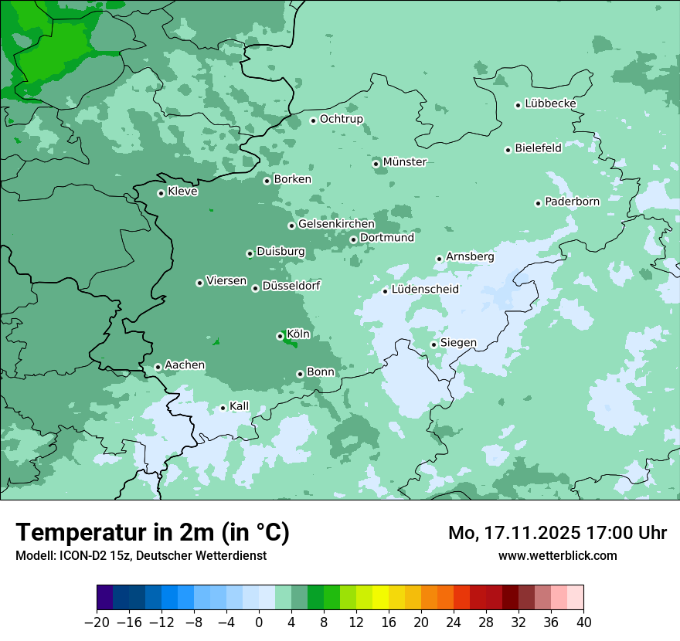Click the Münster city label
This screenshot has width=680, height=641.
(x=404, y=162)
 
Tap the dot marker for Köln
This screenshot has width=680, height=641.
(x=280, y=336)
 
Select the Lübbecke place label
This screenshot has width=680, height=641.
(x=550, y=103)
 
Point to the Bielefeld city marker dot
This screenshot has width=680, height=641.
(x=508, y=150)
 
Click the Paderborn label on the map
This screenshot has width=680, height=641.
(x=572, y=202)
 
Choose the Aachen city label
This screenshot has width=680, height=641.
(x=185, y=365)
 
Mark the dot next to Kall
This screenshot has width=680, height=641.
(x=223, y=408)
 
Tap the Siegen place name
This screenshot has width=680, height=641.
(x=458, y=343)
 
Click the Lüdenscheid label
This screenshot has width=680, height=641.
(x=425, y=290)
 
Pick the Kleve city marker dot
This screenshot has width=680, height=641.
(x=161, y=193)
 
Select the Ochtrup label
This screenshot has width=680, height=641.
(x=341, y=119)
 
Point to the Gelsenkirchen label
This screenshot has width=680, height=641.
(x=336, y=224)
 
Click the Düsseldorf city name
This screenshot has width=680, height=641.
(x=291, y=286)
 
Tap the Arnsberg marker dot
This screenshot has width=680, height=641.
(x=439, y=259)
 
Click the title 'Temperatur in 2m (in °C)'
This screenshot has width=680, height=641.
(x=152, y=533)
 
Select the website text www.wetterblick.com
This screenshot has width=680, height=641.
(x=557, y=556)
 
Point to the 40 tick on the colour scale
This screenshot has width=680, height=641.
(x=583, y=622)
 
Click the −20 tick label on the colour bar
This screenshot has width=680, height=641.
(x=97, y=622)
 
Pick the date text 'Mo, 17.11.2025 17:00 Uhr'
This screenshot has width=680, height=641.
(x=557, y=533)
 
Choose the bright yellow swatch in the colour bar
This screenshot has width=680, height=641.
(x=380, y=598)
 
